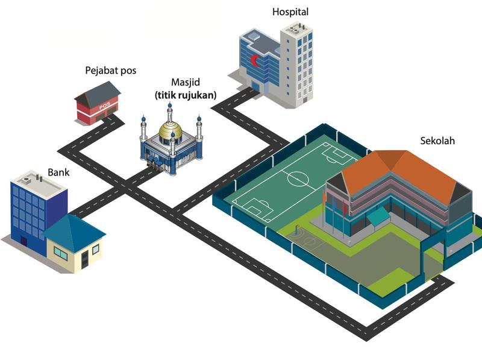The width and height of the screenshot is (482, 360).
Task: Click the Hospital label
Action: click(x=290, y=12)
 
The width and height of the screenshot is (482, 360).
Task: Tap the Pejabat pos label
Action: click(x=111, y=71)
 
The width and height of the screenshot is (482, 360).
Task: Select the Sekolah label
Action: click(x=437, y=141)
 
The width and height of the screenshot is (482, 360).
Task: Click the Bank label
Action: click(x=58, y=172)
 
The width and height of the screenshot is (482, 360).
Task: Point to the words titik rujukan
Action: click(x=186, y=95)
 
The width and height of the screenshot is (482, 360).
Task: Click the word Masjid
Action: click(x=186, y=82)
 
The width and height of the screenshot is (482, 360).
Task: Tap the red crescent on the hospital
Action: click(x=254, y=61)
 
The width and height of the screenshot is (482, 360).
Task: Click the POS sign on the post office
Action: click(x=104, y=106)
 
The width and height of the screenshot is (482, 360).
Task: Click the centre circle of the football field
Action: click(x=298, y=177)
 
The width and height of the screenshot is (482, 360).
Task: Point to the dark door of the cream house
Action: click(x=84, y=259)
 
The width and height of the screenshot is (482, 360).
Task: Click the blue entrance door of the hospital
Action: click(x=255, y=85)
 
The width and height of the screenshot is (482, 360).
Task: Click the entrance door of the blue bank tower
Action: click(x=23, y=241)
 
